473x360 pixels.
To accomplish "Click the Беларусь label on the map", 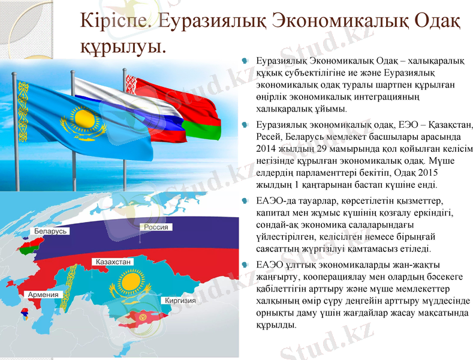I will click(x=51, y=231).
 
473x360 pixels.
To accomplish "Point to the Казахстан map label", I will click(x=113, y=262).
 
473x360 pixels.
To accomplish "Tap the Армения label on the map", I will click(x=43, y=295).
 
